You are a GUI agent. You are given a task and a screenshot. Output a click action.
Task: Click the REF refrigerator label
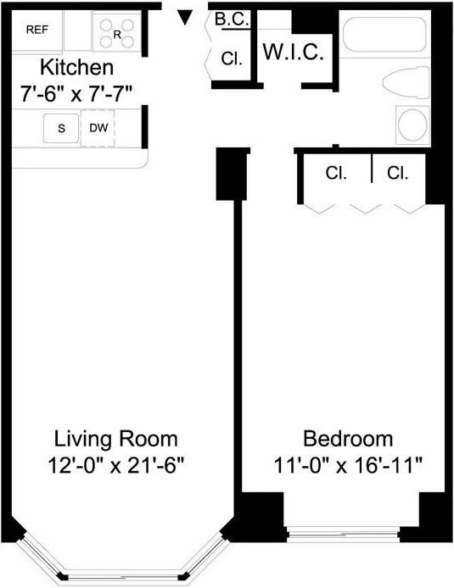(37, 30)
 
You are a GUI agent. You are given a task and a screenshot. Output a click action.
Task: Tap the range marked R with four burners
(117, 32)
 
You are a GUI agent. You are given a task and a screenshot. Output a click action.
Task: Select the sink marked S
(61, 129)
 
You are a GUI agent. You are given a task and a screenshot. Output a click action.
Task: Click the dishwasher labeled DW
(98, 128)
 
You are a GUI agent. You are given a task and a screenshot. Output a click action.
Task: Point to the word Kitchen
(76, 67)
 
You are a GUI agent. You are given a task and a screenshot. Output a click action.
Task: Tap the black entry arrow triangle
(185, 17)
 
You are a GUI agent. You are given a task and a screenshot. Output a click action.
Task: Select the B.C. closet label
(232, 19)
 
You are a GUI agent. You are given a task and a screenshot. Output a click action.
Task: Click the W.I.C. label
(293, 52)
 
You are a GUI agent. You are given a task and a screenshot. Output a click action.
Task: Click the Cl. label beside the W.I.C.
(232, 58)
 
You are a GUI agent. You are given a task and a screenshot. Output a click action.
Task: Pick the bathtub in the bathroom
(384, 35)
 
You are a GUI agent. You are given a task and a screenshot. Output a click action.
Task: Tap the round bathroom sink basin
(412, 125)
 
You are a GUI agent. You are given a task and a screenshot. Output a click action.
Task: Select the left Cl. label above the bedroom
(336, 173)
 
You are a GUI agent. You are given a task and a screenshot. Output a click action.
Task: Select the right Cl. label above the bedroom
(397, 173)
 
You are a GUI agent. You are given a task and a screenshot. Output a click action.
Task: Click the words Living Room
(116, 439)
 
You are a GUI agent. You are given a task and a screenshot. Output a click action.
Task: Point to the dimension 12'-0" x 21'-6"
(116, 466)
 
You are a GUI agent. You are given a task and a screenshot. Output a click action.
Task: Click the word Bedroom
(348, 439)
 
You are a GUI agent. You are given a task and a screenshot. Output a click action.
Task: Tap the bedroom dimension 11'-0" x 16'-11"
(348, 466)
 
